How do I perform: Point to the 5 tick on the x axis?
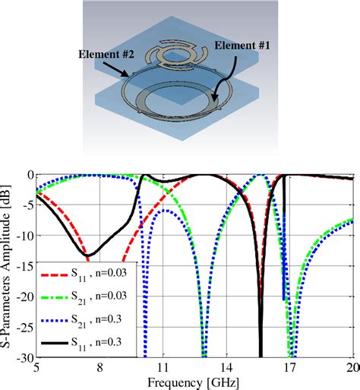pyautogui.click(x=36, y=366)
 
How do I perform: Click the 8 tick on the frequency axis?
pyautogui.click(x=99, y=366)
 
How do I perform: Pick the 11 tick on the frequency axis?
pyautogui.click(x=163, y=366)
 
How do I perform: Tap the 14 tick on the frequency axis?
pyautogui.click(x=226, y=366)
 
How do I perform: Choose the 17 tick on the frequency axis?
pyautogui.click(x=289, y=366)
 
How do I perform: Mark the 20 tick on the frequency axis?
pyautogui.click(x=351, y=366)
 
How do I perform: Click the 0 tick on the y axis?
pyautogui.click(x=28, y=175)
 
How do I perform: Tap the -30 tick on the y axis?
pyautogui.click(x=23, y=357)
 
